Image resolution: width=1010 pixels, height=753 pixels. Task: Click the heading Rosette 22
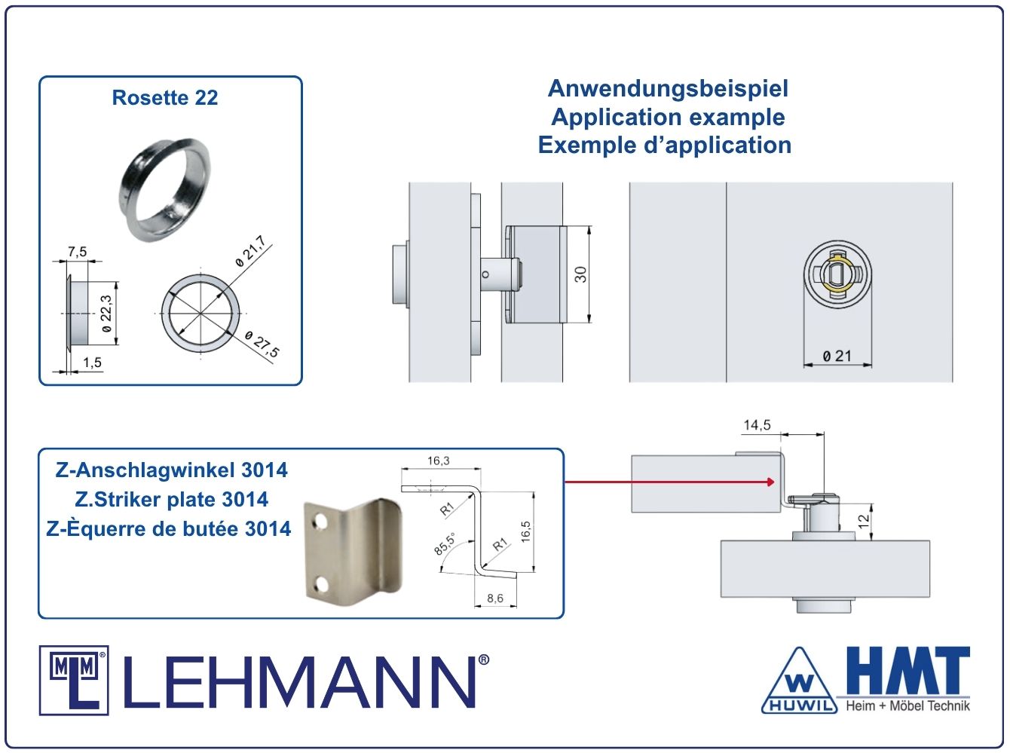click(165, 97)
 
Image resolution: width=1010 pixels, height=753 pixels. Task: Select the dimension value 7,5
click(78, 252)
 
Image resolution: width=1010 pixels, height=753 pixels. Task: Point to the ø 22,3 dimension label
click(106, 314)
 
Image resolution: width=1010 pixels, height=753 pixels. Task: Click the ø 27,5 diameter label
click(262, 344)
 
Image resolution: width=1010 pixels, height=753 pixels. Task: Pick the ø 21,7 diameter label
click(250, 251)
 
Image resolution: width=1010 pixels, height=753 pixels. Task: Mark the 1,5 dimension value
click(92, 363)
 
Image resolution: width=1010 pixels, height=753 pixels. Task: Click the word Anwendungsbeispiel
click(668, 89)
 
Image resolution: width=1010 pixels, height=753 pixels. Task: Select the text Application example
click(668, 117)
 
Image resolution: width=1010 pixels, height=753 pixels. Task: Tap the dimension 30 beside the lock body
click(580, 274)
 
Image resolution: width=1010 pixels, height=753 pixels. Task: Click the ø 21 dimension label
click(837, 356)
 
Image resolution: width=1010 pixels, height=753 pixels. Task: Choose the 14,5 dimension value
click(757, 425)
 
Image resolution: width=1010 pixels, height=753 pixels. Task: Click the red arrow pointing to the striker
click(669, 482)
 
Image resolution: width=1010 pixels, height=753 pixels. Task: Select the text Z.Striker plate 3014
click(171, 500)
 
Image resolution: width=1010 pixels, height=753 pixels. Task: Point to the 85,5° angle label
click(444, 544)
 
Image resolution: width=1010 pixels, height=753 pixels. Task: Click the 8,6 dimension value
click(495, 598)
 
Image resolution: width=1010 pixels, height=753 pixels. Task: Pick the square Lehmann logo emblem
click(74, 681)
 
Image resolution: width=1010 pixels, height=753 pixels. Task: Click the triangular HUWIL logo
click(799, 681)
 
